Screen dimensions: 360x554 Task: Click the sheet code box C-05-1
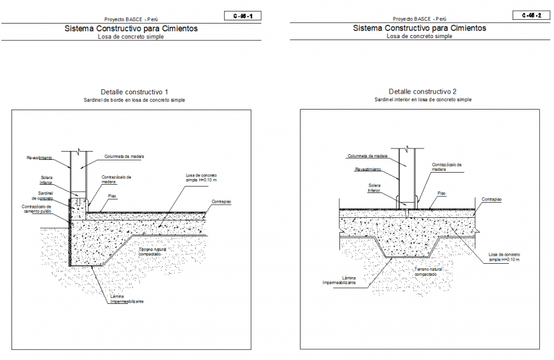coord(243,16)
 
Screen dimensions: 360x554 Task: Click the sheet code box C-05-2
coord(530,15)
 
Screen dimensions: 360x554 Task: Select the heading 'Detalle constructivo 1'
coord(134,92)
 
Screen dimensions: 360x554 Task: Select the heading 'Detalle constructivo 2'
coord(422,92)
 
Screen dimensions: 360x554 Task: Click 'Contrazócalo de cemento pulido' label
coord(36,208)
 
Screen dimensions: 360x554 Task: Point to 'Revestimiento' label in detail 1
coord(39,157)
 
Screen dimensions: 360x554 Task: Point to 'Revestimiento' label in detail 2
coord(368,169)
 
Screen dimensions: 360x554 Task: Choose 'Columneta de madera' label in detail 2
coord(367,155)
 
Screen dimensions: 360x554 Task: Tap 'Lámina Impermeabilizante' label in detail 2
coord(339,280)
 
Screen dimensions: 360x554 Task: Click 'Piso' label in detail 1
coord(111,196)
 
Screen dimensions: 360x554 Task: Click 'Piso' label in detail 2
coord(441,192)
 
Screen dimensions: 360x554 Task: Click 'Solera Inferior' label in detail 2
coord(374,187)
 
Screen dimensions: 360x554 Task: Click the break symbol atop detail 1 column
coord(76,151)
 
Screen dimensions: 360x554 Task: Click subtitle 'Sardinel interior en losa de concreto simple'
coord(422,100)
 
